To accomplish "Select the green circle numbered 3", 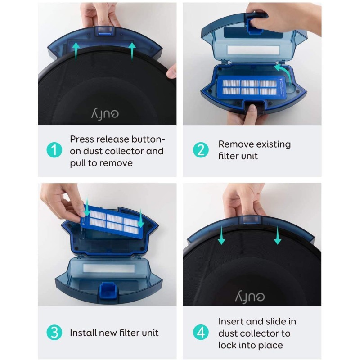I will click(x=55, y=333).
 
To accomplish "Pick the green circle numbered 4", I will click(x=199, y=333).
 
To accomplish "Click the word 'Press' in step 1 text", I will click(x=82, y=139).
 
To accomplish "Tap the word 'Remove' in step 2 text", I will click(x=235, y=144).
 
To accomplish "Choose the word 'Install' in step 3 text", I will click(x=82, y=333).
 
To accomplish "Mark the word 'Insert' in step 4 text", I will click(x=231, y=322).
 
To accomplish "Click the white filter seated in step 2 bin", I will click(x=250, y=87).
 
